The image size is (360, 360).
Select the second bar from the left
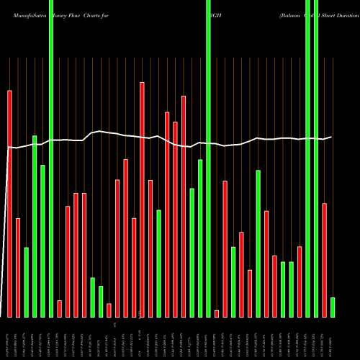pos(18,267)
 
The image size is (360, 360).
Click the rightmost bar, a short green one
pos(333,307)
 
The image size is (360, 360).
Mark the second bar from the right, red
pos(325,260)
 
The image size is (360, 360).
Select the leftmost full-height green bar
pos(51,158)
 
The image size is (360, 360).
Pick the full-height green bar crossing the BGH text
pos(208,158)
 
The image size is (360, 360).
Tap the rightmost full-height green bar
pos(316,158)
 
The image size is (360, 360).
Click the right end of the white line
pos(331,136)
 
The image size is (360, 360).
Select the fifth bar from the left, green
pos(42,241)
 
